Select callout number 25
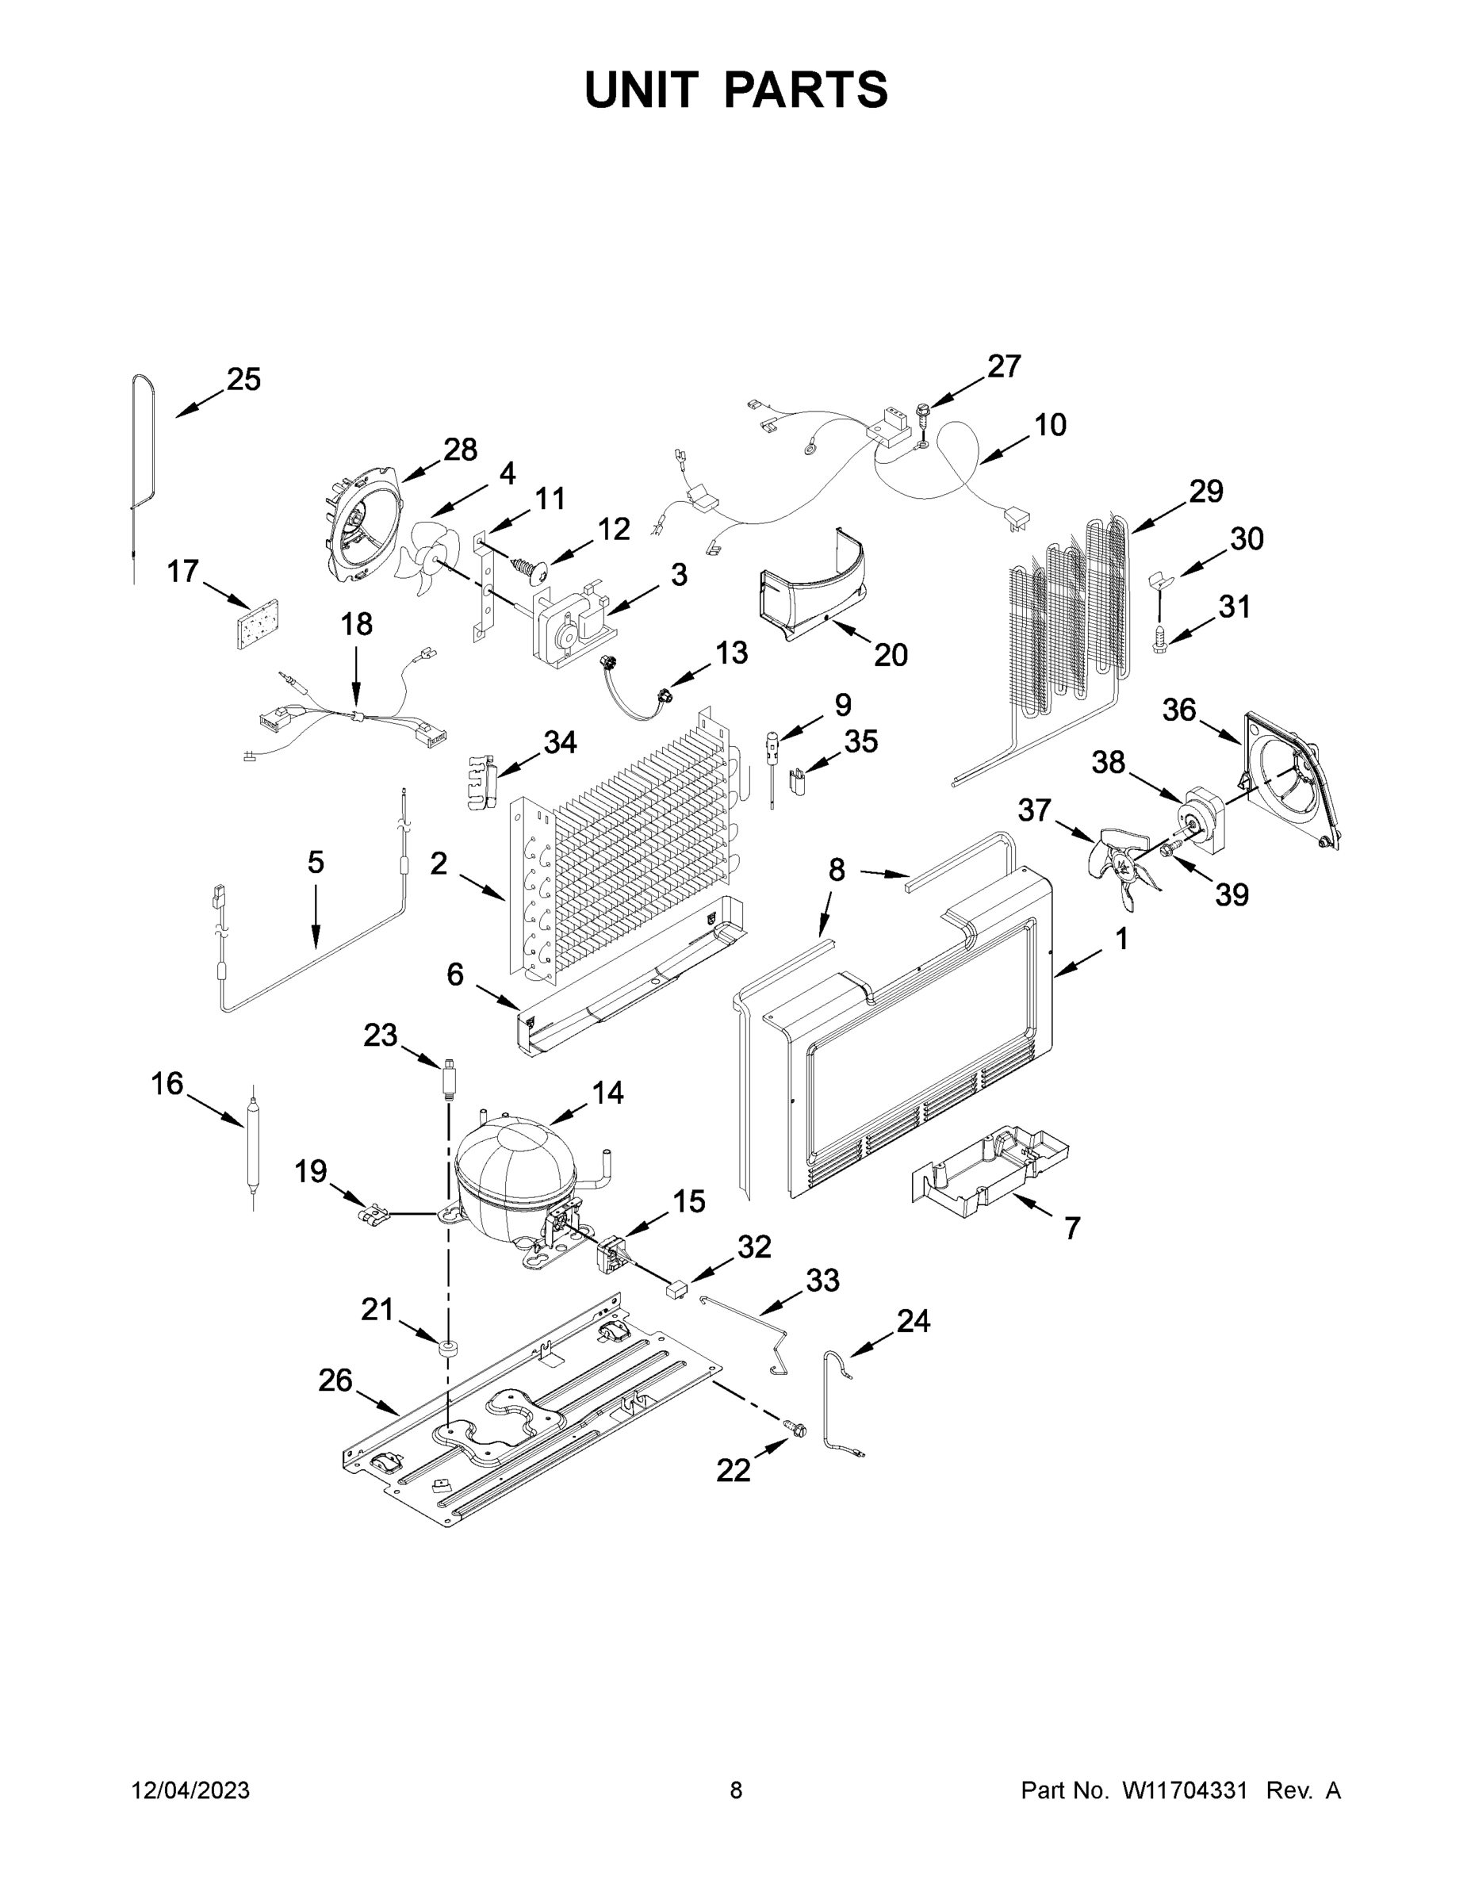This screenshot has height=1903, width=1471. tap(244, 380)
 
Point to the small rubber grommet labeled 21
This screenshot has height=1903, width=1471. tap(449, 1350)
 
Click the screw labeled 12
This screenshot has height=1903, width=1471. tap(528, 569)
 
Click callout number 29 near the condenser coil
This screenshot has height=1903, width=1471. tap(1206, 492)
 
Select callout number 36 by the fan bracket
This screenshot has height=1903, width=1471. tap(1179, 710)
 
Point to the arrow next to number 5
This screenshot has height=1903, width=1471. tap(316, 924)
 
